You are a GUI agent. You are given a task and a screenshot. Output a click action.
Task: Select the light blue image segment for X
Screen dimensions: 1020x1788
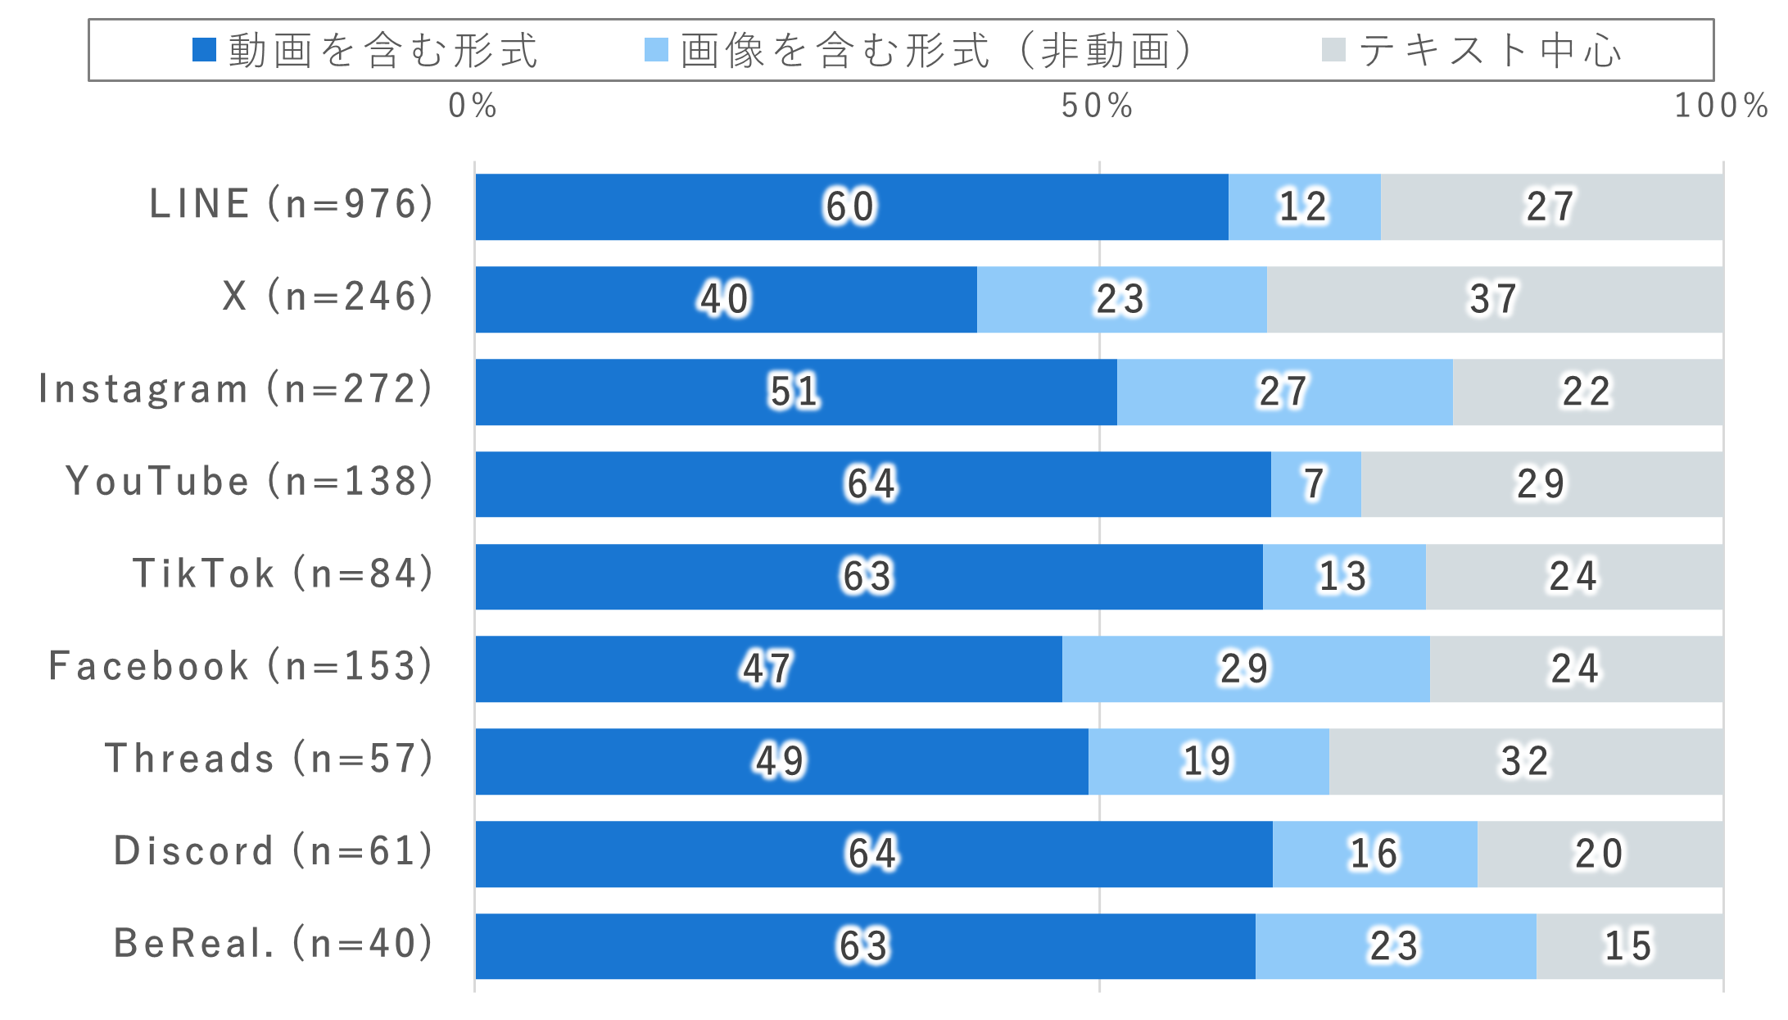tap(1121, 299)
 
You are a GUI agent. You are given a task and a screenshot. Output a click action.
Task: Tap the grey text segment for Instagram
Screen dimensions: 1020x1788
tap(1587, 392)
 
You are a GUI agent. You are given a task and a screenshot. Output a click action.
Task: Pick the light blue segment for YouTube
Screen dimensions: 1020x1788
tap(1315, 484)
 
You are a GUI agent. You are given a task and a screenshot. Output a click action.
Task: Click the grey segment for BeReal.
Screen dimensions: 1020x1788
tap(1629, 946)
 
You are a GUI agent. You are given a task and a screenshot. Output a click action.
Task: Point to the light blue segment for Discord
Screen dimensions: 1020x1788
tap(1374, 854)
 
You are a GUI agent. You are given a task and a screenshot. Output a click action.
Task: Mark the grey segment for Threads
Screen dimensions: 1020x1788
tap(1525, 761)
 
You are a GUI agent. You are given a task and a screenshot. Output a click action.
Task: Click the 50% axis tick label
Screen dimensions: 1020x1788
tap(1098, 106)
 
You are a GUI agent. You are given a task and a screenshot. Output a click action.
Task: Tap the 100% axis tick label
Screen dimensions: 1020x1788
tap(1721, 106)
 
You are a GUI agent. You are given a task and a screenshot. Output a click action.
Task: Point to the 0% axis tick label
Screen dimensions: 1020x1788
tap(473, 106)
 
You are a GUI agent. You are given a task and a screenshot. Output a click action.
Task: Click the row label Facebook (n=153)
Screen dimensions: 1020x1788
tap(240, 666)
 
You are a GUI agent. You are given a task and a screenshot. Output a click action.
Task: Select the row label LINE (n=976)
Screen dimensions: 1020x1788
tap(291, 204)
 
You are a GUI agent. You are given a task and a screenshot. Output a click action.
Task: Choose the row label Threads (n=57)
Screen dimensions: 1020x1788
tap(269, 759)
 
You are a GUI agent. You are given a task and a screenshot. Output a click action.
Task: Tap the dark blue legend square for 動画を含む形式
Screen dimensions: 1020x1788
tap(204, 50)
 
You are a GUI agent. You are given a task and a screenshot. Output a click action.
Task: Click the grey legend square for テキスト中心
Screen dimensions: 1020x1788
tap(1333, 50)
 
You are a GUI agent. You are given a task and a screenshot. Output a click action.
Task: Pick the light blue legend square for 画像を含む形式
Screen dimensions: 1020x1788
tap(656, 50)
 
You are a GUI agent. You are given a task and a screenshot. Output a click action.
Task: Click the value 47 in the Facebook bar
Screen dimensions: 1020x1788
tap(767, 669)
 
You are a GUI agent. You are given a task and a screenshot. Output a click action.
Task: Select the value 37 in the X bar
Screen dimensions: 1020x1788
tap(1493, 299)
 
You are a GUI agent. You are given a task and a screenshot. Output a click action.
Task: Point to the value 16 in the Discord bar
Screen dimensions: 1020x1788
tap(1374, 854)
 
